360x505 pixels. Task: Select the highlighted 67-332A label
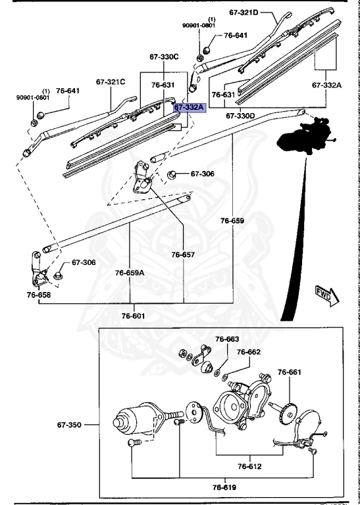190,107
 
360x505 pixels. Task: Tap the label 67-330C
165,57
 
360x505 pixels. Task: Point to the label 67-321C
110,82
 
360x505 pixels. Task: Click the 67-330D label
240,116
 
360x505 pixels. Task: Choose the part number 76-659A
130,272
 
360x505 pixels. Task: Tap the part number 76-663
228,339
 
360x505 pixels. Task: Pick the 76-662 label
249,352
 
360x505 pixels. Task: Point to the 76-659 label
232,221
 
